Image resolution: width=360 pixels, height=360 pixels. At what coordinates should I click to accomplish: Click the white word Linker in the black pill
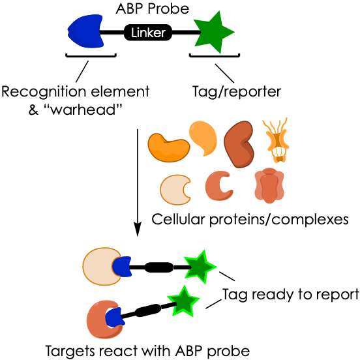point(148,33)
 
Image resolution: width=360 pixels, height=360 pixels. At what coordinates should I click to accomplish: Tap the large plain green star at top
point(213,32)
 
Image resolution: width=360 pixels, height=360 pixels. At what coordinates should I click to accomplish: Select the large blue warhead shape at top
point(85,31)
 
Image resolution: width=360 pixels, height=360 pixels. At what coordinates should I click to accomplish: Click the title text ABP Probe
point(153,8)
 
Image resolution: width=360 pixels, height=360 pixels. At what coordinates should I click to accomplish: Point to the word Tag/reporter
point(237,92)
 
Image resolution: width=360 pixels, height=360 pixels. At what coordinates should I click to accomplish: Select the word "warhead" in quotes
point(85,110)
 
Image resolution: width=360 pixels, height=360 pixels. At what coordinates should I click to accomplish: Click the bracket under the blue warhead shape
point(91,55)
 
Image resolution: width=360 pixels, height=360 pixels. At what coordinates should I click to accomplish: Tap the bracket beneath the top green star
point(215,55)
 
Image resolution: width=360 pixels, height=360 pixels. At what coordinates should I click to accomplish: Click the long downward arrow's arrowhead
point(138,229)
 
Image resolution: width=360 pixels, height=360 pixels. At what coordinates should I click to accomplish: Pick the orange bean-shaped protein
point(168,147)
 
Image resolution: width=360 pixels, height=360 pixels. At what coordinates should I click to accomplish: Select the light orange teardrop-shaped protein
point(203,138)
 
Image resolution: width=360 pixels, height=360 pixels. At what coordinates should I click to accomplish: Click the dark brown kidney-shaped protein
point(239,144)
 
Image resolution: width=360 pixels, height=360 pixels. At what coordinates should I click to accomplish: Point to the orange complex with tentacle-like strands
point(275,140)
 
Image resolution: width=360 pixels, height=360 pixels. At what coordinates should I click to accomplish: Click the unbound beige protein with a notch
point(175,190)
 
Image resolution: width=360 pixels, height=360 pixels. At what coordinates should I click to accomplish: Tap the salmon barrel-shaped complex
point(269,185)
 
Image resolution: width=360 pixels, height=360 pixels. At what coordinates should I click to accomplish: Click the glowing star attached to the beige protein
point(200,267)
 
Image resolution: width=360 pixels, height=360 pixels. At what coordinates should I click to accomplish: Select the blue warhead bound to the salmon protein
point(115,318)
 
